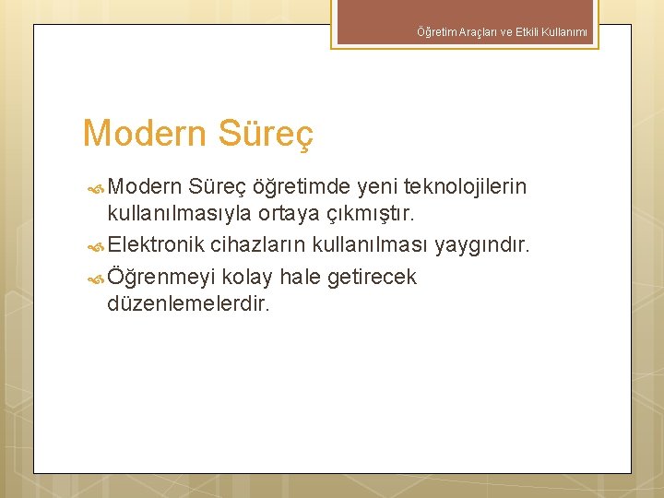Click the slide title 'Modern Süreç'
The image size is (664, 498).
tap(197, 134)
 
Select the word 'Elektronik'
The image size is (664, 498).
tap(156, 245)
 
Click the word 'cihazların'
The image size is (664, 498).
tap(258, 245)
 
